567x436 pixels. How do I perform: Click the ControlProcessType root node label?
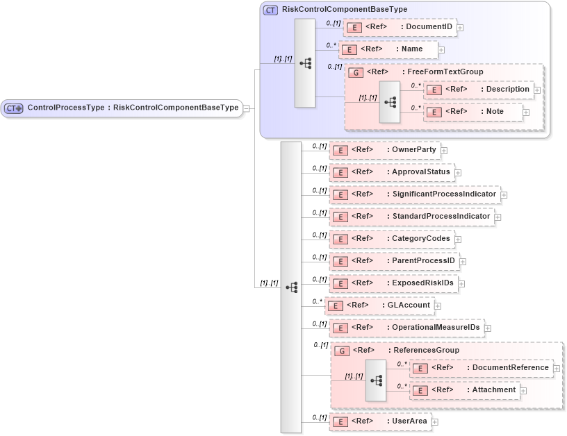click(x=132, y=108)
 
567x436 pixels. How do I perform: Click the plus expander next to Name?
click(x=441, y=50)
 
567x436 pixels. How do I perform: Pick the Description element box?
click(x=479, y=90)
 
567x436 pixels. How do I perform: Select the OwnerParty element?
click(x=384, y=150)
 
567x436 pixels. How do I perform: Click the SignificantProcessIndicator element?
click(x=414, y=194)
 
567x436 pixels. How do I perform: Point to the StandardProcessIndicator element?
click(x=411, y=217)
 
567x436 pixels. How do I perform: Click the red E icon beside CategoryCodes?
click(x=340, y=240)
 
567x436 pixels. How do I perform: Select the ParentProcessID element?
click(x=393, y=261)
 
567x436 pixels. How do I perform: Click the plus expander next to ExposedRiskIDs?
click(x=461, y=284)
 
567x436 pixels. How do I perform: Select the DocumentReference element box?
click(x=481, y=368)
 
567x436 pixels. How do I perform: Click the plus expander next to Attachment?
click(x=524, y=391)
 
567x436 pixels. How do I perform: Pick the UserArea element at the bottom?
click(x=379, y=421)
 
